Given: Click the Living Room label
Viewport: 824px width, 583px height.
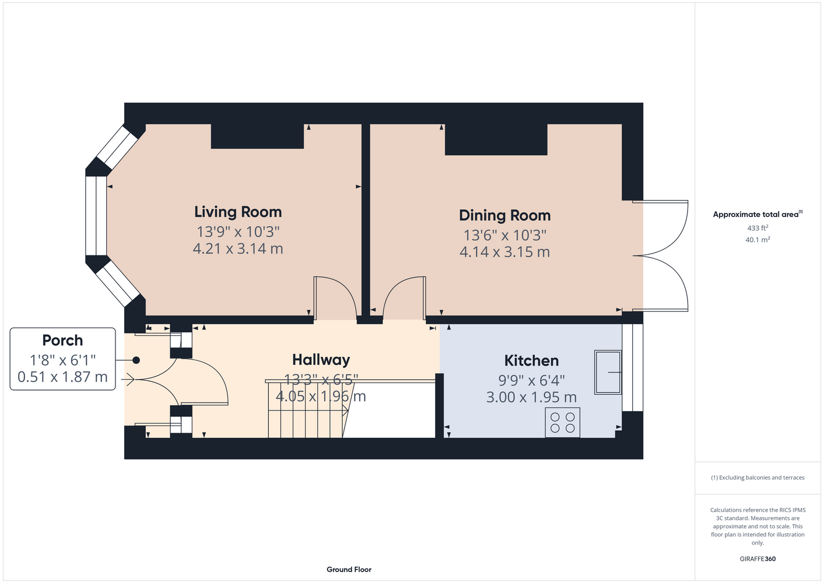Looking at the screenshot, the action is coord(238,212).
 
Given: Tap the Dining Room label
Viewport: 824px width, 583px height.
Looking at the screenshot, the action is coord(504,215).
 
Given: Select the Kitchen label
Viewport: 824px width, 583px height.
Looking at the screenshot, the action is coord(532,360).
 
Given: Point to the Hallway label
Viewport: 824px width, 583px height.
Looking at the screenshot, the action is coord(321,360).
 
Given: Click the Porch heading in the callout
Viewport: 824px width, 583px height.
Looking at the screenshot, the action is coord(62,340).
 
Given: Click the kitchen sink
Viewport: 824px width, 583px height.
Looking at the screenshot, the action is coord(608,372).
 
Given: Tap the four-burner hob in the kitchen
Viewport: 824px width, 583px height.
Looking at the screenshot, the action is coord(562,422).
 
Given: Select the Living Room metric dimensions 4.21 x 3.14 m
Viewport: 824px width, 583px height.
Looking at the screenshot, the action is coord(238,248).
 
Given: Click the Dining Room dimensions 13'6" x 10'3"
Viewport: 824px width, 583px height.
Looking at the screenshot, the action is coord(504,235).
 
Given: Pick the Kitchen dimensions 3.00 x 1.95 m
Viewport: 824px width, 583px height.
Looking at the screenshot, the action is coord(532,397).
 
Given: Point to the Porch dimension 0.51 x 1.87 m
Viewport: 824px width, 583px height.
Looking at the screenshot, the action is coord(62,377).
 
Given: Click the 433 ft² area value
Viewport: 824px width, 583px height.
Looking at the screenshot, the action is coord(758,228).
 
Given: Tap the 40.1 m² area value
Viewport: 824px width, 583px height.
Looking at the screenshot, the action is coord(758,240).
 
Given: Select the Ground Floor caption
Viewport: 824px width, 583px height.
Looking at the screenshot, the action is coord(349,570).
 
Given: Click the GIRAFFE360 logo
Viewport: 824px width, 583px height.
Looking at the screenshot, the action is coord(758,559).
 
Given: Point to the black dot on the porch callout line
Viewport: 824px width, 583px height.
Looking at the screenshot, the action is coord(136,360).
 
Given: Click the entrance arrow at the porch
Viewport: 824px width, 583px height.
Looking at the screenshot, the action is coord(128,379).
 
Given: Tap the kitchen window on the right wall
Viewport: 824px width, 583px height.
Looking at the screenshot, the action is coord(633,367).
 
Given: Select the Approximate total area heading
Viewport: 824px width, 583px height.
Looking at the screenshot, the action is coord(758,214).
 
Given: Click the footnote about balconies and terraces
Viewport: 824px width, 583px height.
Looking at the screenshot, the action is coord(758,477).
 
